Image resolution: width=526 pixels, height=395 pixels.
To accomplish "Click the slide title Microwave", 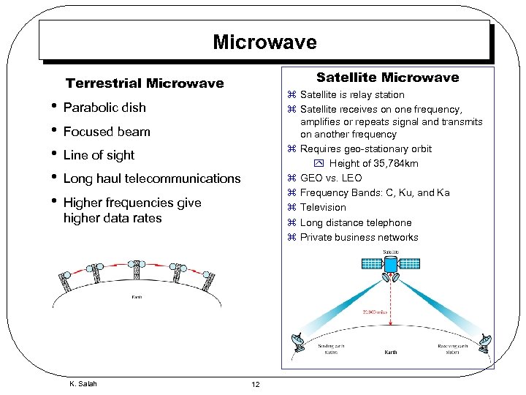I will point(264,42).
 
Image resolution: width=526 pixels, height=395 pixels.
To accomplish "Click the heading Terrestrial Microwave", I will point(145,83).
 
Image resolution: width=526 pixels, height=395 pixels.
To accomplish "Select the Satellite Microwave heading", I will point(387,78).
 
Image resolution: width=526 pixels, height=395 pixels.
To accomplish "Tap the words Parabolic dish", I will point(104,108).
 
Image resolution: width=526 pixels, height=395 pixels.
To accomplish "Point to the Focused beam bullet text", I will point(107,132).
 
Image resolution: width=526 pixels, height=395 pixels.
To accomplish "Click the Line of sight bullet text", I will point(99,155).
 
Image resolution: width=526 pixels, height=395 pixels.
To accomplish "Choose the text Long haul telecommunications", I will point(152,178).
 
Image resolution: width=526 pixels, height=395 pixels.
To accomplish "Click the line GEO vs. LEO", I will point(331,178).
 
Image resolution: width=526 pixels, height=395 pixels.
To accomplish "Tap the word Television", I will point(323,207).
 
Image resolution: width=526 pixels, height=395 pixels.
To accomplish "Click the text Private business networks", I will point(359,237).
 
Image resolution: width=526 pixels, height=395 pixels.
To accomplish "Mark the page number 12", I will point(256,385).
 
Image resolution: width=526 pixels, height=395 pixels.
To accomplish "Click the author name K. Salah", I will point(83,383).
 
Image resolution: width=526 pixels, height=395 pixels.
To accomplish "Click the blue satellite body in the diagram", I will point(391,264).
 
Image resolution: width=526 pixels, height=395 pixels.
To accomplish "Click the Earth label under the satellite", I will point(391,353).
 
